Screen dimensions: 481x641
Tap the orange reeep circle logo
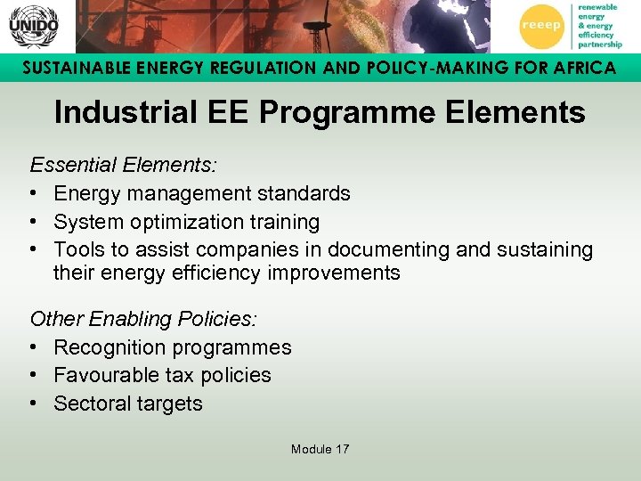tap(541, 25)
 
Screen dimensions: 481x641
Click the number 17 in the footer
tap(342, 449)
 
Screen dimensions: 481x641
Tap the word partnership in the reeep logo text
tap(602, 44)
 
